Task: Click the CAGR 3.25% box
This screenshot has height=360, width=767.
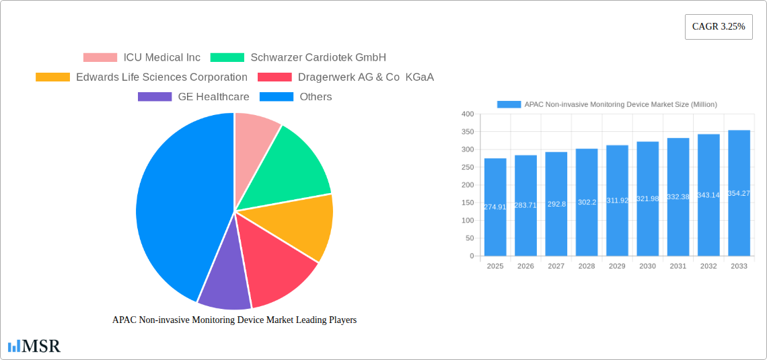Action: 719,27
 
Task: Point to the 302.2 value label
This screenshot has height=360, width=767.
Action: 586,203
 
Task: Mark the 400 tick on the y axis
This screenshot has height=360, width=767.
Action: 468,114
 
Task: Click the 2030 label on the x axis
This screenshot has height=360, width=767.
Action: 647,266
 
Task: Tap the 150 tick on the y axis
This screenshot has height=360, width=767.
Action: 468,203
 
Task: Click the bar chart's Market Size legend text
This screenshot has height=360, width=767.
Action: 620,104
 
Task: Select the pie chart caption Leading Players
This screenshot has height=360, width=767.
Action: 234,320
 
